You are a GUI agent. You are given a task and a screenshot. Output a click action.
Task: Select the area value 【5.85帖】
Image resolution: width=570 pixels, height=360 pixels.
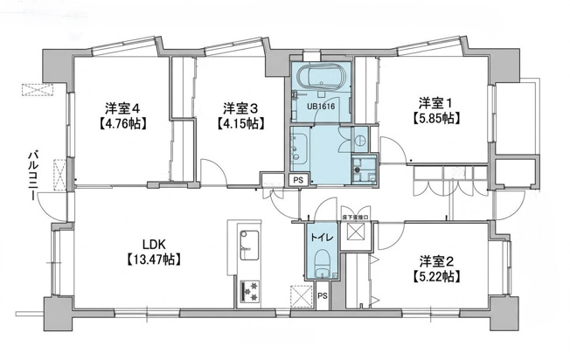[x=434, y=119]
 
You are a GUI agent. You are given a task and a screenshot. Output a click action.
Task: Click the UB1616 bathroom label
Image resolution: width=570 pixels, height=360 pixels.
[x=321, y=107]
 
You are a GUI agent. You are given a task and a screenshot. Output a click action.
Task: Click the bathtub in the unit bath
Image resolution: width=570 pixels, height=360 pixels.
[x=320, y=77]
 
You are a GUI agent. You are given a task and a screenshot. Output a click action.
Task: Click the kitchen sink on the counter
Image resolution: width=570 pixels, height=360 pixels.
[x=249, y=246]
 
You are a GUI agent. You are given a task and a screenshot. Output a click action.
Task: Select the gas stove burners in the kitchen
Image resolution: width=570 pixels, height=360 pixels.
[x=250, y=291]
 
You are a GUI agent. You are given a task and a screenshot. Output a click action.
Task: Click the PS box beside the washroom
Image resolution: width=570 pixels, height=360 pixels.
[x=299, y=180]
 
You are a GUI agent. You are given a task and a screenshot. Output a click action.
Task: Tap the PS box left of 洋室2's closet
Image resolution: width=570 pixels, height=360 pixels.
[x=323, y=295]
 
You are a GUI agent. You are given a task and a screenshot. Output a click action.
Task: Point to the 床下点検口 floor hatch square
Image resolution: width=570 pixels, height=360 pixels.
[x=355, y=232]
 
